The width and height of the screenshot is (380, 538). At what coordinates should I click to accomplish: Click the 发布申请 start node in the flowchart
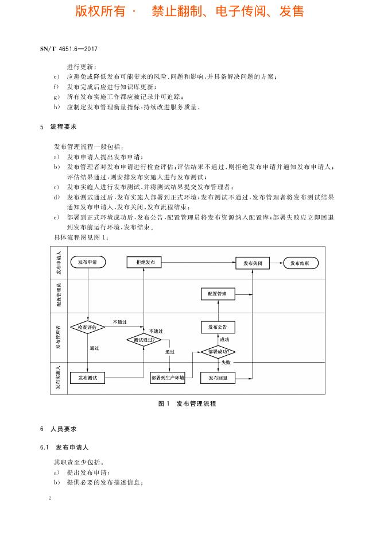pos(88,263)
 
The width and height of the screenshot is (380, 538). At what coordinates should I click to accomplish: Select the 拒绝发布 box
pos(144,263)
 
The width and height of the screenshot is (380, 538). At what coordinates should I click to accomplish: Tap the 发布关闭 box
pos(253,263)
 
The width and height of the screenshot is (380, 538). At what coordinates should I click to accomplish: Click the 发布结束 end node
pos(300,263)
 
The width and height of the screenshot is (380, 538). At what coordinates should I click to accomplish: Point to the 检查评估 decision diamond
pos(88,326)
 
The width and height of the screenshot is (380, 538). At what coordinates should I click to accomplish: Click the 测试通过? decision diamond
pos(144,340)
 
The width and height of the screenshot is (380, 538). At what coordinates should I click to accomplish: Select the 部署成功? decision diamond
pos(218,351)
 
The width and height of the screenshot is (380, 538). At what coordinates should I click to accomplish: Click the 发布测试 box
pos(88,378)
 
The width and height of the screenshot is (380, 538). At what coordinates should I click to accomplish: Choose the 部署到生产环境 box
pos(167,378)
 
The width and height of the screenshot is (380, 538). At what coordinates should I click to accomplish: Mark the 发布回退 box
pos(218,378)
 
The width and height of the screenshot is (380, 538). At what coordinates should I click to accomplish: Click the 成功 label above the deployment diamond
pos(224,340)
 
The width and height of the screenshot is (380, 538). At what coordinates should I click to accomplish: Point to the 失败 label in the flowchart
pos(226,363)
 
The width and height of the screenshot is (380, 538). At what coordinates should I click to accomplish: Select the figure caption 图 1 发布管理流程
pos(187,403)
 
